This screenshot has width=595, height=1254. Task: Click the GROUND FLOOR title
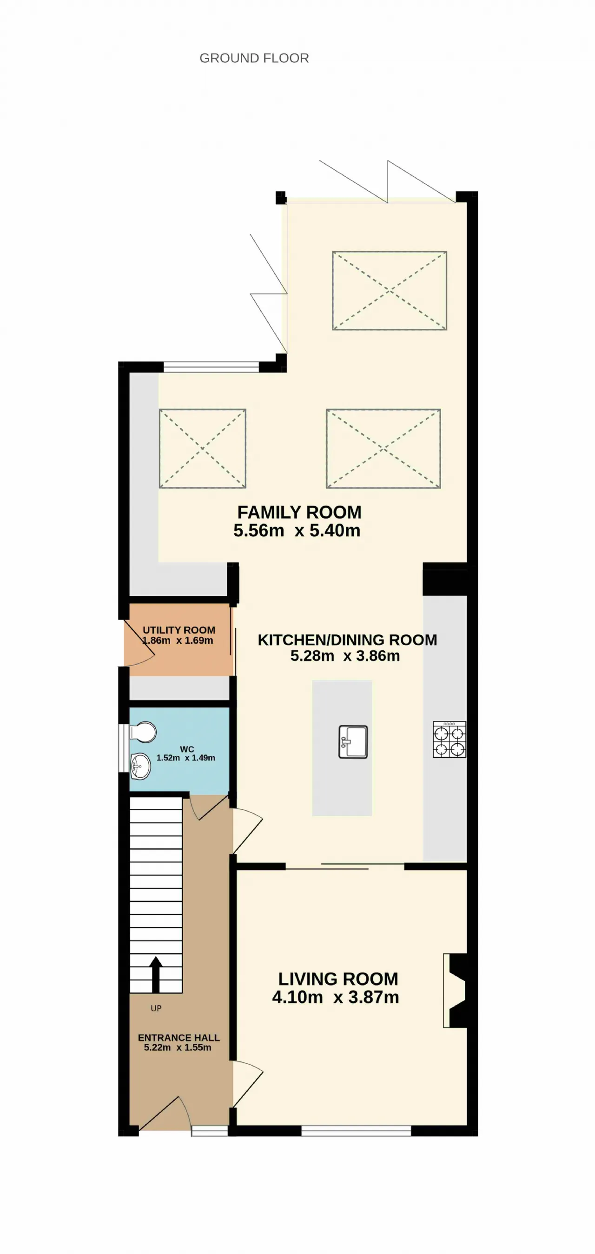(x=254, y=59)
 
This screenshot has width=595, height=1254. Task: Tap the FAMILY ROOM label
(x=299, y=512)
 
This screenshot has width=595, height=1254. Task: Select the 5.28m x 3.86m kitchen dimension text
(x=345, y=656)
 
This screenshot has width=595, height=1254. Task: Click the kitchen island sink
(x=353, y=742)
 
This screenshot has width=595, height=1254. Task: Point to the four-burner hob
(x=450, y=739)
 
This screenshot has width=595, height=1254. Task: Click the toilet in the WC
(x=143, y=732)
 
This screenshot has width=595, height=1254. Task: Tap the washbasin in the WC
(x=140, y=766)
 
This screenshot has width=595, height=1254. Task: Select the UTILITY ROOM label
(x=179, y=630)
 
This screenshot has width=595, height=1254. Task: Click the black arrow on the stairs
(x=156, y=974)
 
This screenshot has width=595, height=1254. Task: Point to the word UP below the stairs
(x=156, y=1008)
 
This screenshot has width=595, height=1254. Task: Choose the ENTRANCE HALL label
(x=178, y=1037)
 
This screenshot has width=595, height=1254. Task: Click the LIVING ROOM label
(x=338, y=979)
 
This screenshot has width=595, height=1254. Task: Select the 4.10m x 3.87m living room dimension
(x=336, y=997)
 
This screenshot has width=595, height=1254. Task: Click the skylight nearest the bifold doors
(x=390, y=291)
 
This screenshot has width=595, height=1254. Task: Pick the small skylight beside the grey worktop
(x=203, y=448)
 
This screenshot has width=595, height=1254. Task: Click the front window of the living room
(x=356, y=1130)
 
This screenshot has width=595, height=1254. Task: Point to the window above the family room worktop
(x=211, y=367)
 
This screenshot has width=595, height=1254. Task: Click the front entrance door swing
(x=165, y=1112)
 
